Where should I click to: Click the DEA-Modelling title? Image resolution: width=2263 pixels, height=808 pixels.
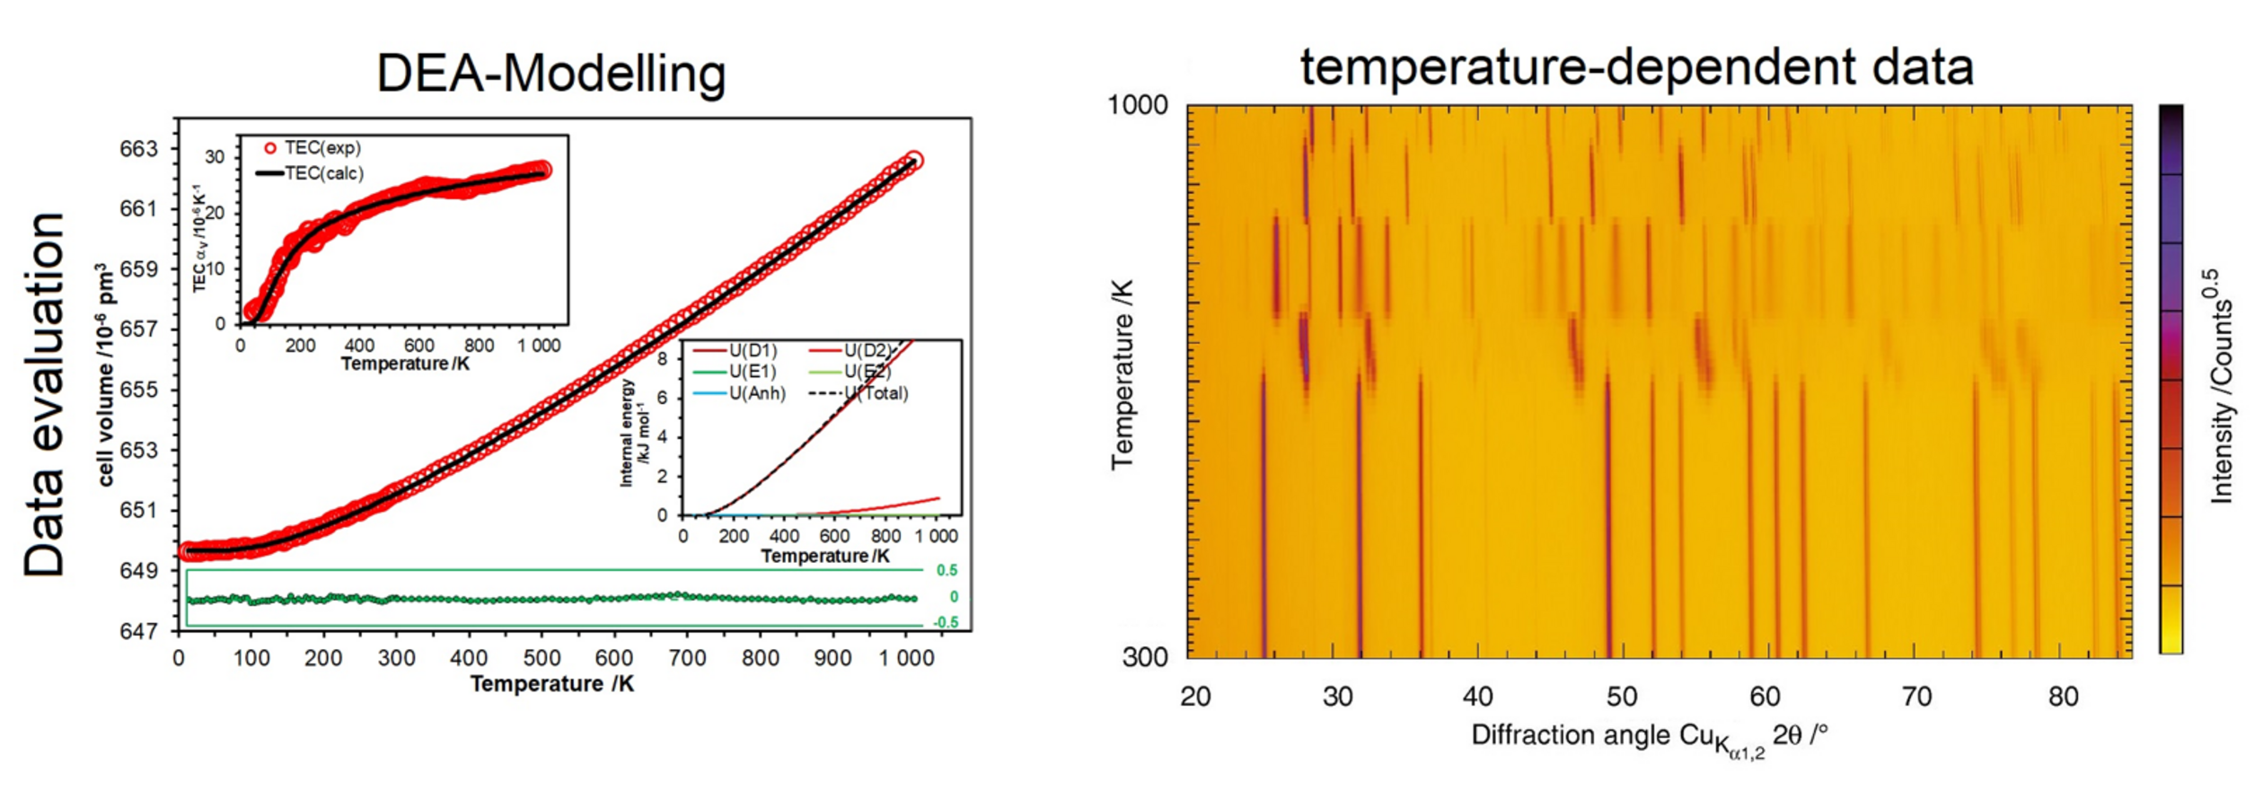click(x=550, y=74)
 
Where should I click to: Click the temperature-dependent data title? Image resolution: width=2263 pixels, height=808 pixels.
click(x=1636, y=67)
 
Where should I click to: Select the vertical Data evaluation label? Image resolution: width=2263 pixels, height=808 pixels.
click(x=45, y=395)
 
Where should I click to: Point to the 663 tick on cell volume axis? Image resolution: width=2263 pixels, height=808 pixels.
click(x=138, y=149)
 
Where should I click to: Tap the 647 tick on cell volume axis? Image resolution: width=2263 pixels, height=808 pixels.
click(x=138, y=631)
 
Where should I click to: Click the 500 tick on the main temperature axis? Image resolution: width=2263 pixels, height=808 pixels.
click(x=542, y=658)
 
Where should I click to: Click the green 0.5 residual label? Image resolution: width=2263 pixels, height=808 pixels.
click(x=947, y=570)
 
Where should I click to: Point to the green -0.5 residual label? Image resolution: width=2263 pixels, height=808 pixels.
click(x=945, y=622)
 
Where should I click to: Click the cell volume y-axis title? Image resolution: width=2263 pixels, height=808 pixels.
click(x=106, y=375)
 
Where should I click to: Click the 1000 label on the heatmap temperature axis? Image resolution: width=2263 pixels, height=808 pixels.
click(x=1137, y=105)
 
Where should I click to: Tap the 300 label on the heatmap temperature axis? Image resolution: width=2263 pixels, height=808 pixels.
click(x=1145, y=657)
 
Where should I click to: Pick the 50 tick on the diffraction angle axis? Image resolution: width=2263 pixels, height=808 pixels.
click(x=1622, y=697)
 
